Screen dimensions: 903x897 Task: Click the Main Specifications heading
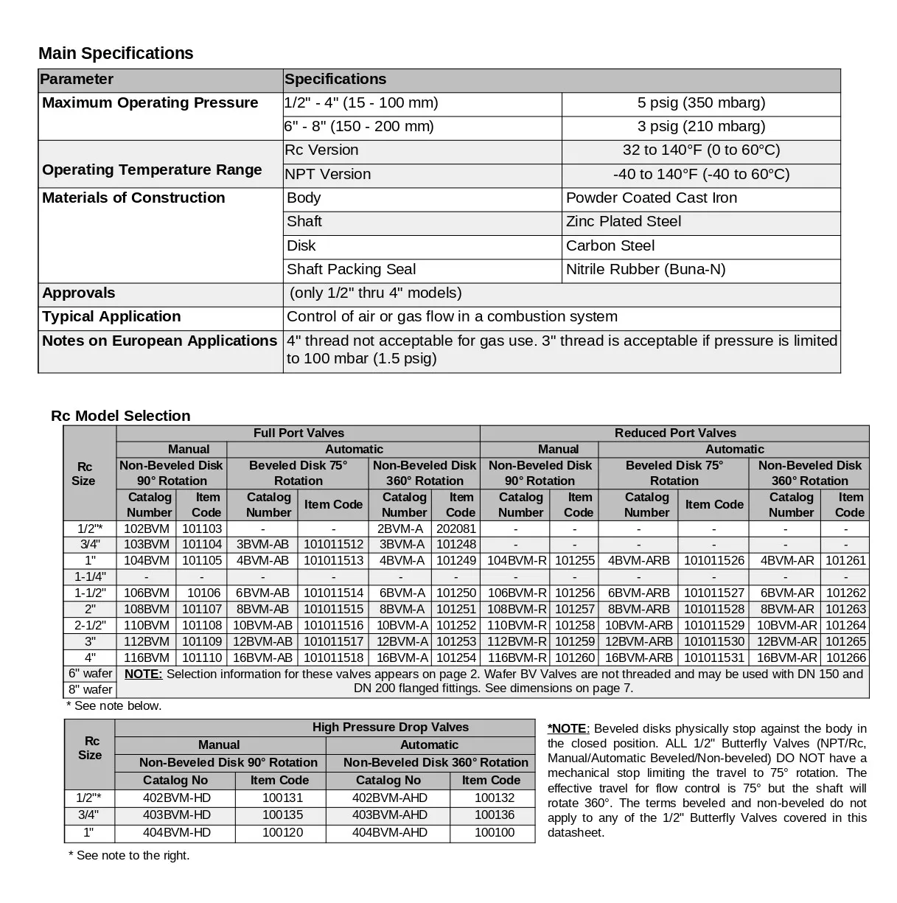pyautogui.click(x=116, y=53)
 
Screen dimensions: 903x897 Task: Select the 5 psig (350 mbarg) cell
pyautogui.click(x=701, y=103)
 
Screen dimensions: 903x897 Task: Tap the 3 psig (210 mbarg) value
pyautogui.click(x=701, y=127)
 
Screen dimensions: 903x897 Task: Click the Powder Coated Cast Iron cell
pyautogui.click(x=652, y=198)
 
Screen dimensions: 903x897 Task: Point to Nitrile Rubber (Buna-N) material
pyautogui.click(x=646, y=270)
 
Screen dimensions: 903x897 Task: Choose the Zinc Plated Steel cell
pyautogui.click(x=624, y=222)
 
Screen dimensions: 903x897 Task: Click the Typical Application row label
pyautogui.click(x=111, y=317)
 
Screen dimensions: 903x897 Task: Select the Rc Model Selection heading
pyautogui.click(x=121, y=416)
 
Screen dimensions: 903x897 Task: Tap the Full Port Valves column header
pyautogui.click(x=299, y=433)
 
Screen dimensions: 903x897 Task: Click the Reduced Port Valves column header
pyautogui.click(x=675, y=433)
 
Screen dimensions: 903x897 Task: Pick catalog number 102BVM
pyautogui.click(x=146, y=529)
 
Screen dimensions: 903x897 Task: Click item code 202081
pyautogui.click(x=456, y=529)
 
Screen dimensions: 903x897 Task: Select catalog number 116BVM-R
pyautogui.click(x=517, y=658)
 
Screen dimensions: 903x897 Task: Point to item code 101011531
pyautogui.click(x=714, y=658)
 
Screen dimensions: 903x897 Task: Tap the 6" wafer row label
pyautogui.click(x=90, y=674)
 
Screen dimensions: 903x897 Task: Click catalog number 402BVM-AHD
pyautogui.click(x=389, y=798)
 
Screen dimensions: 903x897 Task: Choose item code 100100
pyautogui.click(x=495, y=833)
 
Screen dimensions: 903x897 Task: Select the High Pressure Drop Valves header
pyautogui.click(x=390, y=728)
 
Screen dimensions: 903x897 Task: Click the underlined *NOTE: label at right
pyautogui.click(x=568, y=729)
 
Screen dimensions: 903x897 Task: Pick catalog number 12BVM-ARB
pyautogui.click(x=639, y=641)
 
